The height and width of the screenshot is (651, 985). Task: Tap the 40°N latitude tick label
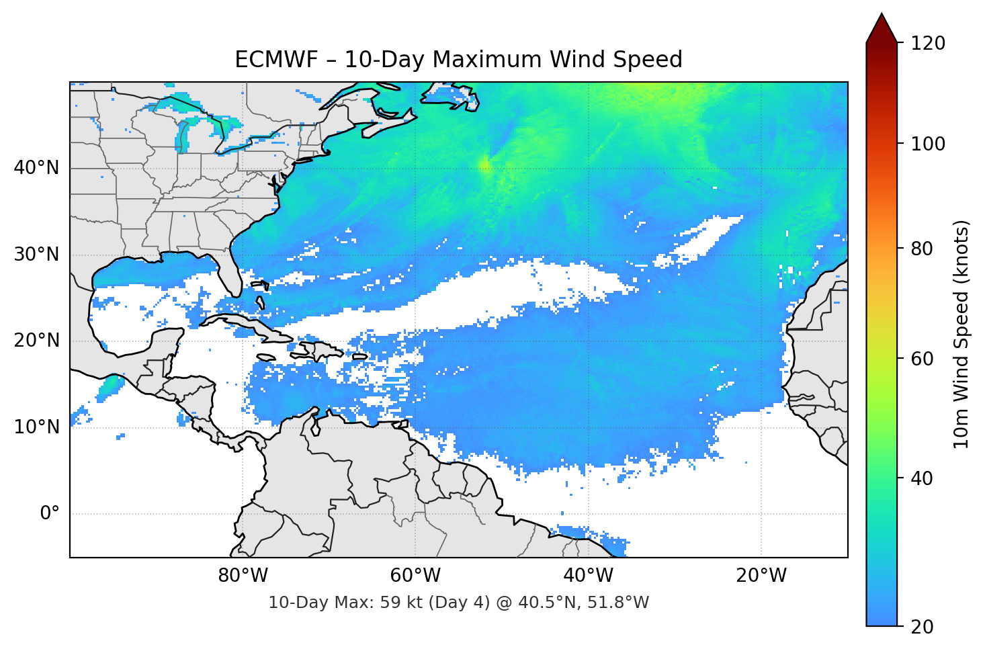[36, 168]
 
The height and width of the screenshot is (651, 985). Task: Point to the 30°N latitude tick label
[36, 255]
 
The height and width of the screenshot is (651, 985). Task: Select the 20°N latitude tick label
[36, 341]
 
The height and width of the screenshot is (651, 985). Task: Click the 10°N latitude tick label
[36, 427]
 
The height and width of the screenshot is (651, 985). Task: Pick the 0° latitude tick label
[50, 514]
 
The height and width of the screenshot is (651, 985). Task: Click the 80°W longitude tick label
[243, 576]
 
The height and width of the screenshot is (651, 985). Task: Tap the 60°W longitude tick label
[415, 576]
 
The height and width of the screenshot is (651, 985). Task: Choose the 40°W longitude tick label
[589, 576]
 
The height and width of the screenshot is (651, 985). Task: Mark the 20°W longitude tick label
[761, 576]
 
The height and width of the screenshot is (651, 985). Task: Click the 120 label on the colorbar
[928, 44]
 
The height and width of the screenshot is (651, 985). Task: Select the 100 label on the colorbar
[928, 144]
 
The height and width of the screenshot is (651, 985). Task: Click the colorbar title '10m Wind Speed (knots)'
[961, 334]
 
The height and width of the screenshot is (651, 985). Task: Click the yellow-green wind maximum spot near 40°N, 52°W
[484, 164]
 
